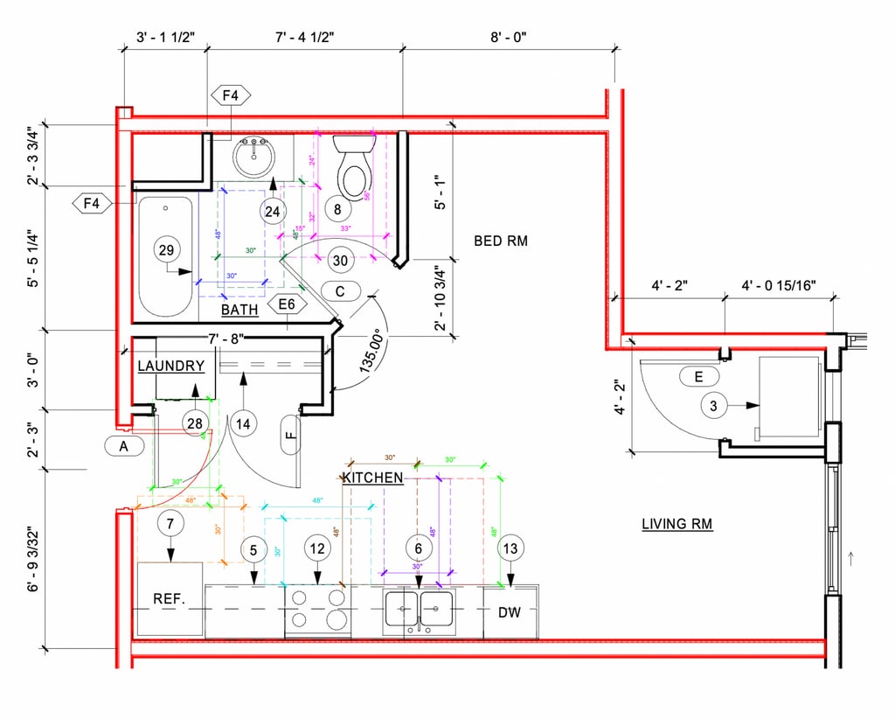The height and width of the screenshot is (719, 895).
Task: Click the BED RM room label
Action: tap(501, 241)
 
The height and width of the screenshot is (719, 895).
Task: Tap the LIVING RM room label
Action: tap(676, 524)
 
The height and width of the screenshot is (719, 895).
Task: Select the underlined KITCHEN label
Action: tap(372, 478)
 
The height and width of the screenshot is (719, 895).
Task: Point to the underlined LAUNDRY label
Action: tap(170, 366)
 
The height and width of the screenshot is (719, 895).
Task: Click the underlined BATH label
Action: tap(239, 310)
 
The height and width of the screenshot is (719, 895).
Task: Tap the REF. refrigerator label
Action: tap(169, 599)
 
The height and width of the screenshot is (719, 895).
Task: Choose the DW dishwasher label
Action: tap(509, 612)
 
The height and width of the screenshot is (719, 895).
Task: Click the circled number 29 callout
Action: tap(165, 250)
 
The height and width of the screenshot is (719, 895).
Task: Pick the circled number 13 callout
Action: tap(510, 548)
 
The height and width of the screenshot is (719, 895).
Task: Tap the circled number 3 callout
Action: tap(713, 405)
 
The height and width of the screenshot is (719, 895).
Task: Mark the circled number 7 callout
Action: tap(170, 525)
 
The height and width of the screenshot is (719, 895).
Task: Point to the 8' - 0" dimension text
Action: tap(508, 37)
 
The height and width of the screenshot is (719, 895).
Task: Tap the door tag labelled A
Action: tap(124, 446)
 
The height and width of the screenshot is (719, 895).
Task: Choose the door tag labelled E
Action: tap(698, 376)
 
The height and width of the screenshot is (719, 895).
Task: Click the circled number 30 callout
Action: tap(340, 260)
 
